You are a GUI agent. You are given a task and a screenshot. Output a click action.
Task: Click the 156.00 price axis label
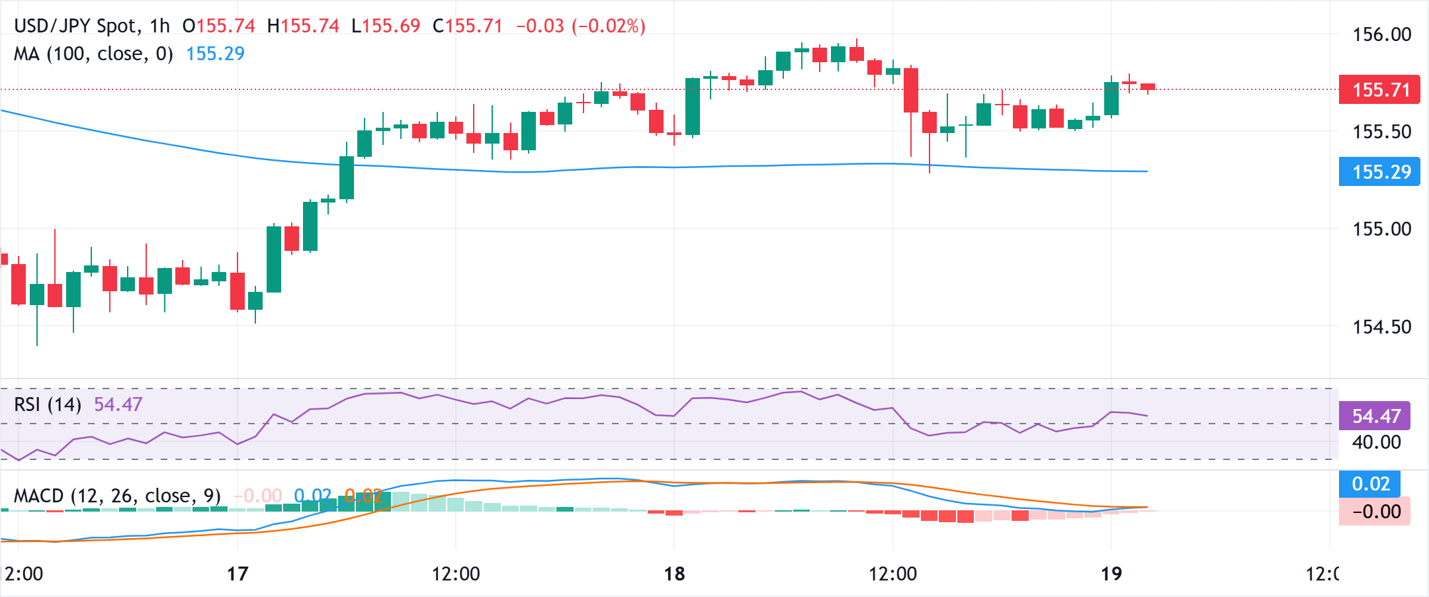coord(1381,34)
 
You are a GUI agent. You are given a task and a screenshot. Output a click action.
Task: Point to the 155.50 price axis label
coord(1381,132)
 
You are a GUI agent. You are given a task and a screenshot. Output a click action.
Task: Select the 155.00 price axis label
coord(1381,229)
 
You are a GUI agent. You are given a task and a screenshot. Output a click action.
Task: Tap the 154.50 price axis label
coord(1381,327)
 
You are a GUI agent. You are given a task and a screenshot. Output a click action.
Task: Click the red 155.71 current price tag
coord(1380,90)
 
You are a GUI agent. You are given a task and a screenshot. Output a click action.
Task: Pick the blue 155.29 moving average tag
coord(1380,172)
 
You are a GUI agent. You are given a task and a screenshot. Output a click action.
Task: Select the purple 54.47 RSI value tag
coord(1375,416)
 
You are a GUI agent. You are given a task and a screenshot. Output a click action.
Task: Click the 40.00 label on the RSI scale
coord(1376,442)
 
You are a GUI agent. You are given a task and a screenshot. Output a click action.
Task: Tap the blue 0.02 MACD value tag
coord(1370,484)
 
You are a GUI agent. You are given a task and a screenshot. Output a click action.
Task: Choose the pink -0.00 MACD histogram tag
coord(1375,512)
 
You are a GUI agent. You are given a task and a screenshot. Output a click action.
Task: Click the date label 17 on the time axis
coord(238,573)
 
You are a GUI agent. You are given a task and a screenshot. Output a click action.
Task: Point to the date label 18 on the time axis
coord(674,573)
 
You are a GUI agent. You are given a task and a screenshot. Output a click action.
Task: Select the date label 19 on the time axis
coord(1111,573)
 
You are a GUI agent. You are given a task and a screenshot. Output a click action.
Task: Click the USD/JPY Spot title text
coord(76,26)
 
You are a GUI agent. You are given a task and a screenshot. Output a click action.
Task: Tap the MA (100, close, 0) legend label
coord(93,54)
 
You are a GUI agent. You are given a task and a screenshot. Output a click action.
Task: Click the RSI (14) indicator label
coord(48,404)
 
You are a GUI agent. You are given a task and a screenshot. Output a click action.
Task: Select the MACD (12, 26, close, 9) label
coord(117,496)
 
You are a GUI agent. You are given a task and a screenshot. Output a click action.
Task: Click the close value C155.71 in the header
coord(467,26)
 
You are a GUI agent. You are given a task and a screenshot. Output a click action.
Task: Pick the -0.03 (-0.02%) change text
coord(580,26)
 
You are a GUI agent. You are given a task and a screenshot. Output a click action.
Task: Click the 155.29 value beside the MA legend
coord(215,54)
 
